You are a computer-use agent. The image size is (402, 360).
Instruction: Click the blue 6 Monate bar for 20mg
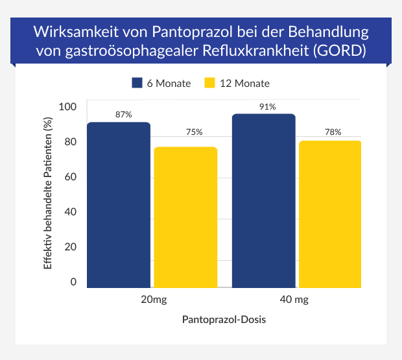coord(119,204)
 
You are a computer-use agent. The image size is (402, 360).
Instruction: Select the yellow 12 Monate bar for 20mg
coord(186,217)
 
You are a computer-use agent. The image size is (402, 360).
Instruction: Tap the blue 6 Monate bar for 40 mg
coord(263,200)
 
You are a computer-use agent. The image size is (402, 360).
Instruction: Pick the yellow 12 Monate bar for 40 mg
coord(331,213)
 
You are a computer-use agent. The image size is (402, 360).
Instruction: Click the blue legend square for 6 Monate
coord(137,83)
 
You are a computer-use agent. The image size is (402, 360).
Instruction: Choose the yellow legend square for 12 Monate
coord(209,83)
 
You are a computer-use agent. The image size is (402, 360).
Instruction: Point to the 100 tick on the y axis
coord(67,107)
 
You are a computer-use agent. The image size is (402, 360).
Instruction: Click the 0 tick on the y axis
coord(73,282)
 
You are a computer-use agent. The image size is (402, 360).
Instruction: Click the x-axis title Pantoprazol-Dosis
coord(224,320)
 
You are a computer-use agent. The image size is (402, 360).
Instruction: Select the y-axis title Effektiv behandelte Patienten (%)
coord(47,195)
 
